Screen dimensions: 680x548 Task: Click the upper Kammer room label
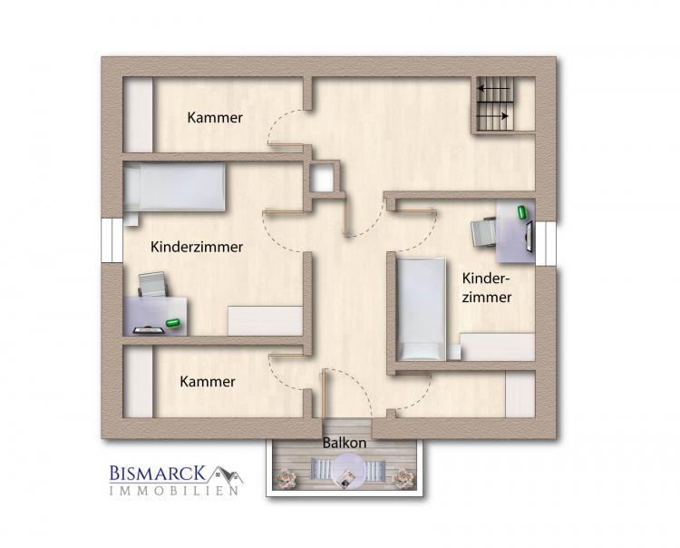point(215,118)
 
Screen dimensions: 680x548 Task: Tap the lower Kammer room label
point(208,382)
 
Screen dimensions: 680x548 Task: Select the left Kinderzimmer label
point(197,247)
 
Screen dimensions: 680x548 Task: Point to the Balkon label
point(345,443)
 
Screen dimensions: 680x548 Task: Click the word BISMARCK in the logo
point(158,473)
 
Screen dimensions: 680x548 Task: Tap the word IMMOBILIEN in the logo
point(174,491)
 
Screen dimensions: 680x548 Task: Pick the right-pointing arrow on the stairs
point(492,116)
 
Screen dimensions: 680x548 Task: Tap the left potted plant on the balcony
point(286,477)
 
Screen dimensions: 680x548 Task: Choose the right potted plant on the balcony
point(403,477)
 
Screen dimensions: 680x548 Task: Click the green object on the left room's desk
point(173,323)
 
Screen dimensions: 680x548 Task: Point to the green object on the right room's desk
point(522,212)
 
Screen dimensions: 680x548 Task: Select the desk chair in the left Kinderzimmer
point(152,285)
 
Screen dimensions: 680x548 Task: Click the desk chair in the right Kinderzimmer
point(484,232)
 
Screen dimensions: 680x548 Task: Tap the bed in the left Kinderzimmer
point(174,188)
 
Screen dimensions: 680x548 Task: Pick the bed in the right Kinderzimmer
point(421,309)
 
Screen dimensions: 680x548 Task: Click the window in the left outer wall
point(112,240)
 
